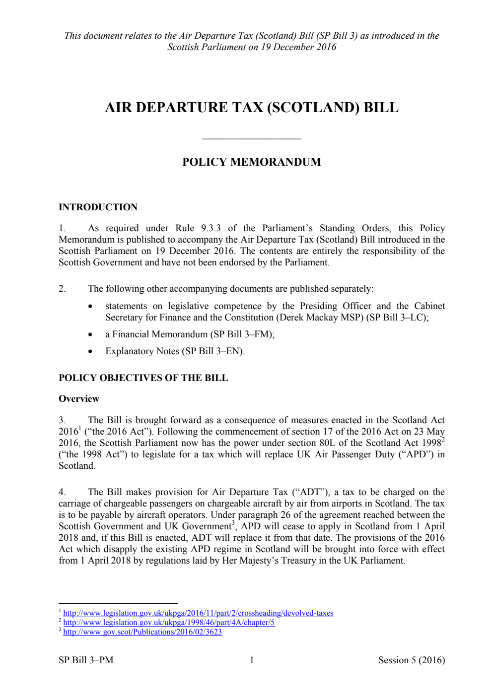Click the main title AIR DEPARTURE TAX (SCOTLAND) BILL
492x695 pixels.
[x=252, y=108]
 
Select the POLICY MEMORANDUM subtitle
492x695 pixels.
[x=251, y=162]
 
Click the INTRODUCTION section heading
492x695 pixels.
[x=98, y=207]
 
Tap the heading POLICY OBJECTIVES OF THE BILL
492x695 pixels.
[x=143, y=378]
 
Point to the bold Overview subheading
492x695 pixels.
[x=78, y=399]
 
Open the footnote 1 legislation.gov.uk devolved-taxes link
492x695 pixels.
[x=198, y=613]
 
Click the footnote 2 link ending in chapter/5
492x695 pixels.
[x=169, y=623]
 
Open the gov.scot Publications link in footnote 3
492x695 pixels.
[x=142, y=632]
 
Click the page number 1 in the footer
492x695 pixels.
[x=252, y=660]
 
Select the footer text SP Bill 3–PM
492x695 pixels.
[x=86, y=660]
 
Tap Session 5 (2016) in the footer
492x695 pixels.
[x=411, y=660]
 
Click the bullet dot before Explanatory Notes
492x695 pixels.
[x=90, y=352]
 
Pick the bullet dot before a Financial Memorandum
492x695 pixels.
[x=90, y=335]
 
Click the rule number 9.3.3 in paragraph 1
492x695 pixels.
[x=211, y=228]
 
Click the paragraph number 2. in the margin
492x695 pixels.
[x=62, y=289]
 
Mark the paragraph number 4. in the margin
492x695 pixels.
[x=62, y=492]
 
